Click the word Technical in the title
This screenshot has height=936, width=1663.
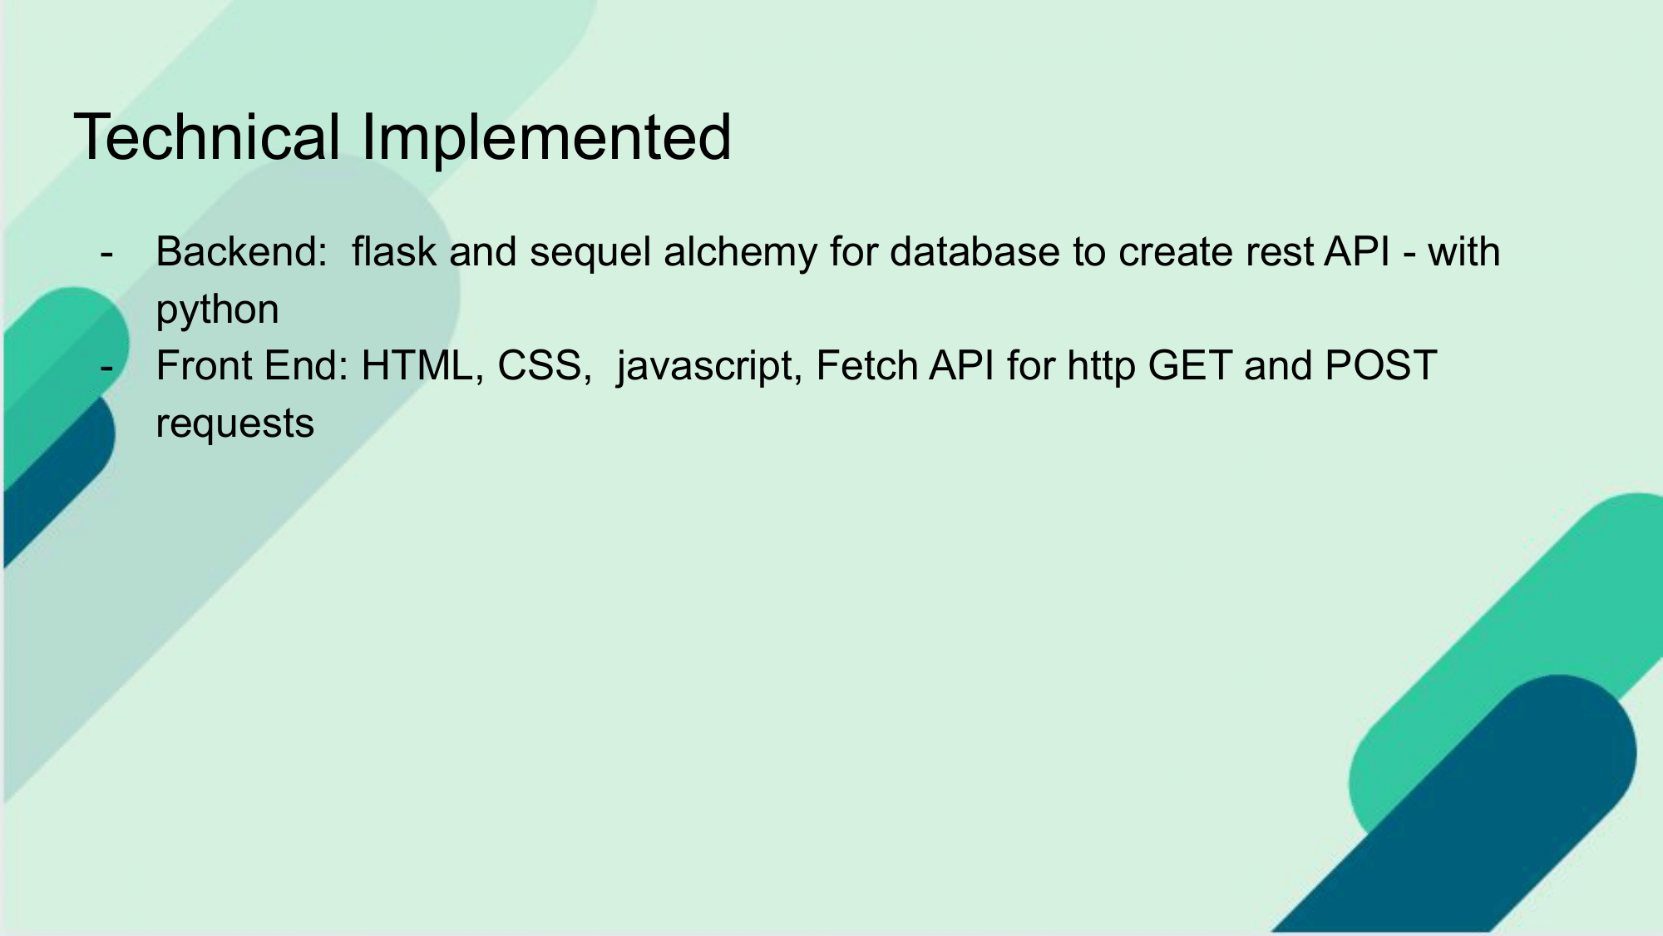(x=207, y=136)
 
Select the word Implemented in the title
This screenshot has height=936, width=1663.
(x=546, y=139)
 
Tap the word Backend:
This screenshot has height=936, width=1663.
(x=242, y=251)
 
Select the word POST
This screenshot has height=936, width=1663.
(x=1381, y=365)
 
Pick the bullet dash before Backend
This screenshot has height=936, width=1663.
(x=106, y=255)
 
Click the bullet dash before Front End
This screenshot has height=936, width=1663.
(x=106, y=369)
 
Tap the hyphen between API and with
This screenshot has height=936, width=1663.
(x=1409, y=255)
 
